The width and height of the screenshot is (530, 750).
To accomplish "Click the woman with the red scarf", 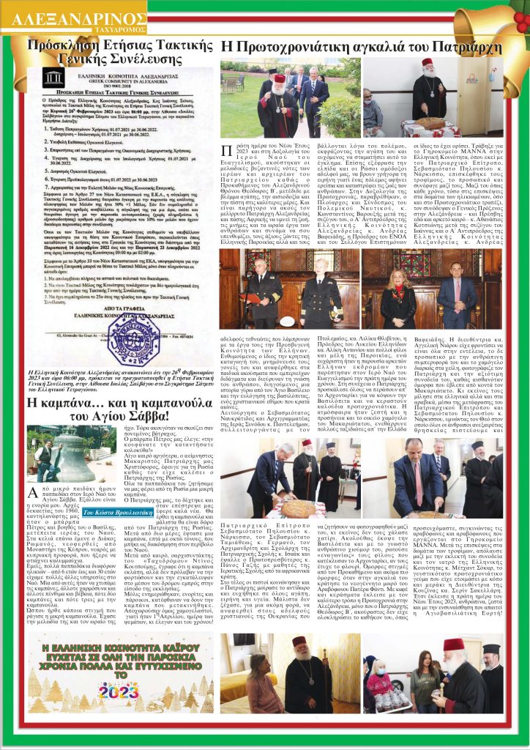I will pyautogui.click(x=397, y=289).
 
